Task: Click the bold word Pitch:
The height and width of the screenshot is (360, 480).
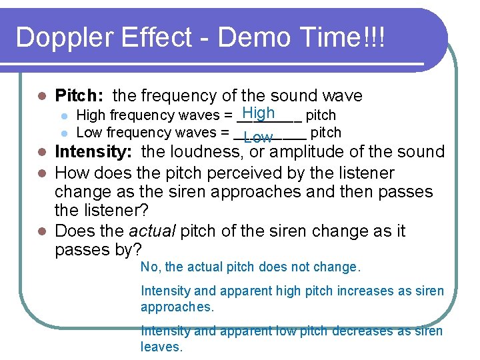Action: coord(81,96)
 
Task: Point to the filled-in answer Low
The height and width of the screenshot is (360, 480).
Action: coord(258,138)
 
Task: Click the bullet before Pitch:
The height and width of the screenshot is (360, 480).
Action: coord(41,97)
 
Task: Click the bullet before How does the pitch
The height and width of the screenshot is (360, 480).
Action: coord(41,174)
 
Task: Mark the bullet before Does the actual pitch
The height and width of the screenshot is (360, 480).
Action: coord(41,232)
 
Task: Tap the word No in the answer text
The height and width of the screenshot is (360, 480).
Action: coord(149,267)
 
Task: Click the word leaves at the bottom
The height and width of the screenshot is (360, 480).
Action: coord(161,347)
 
